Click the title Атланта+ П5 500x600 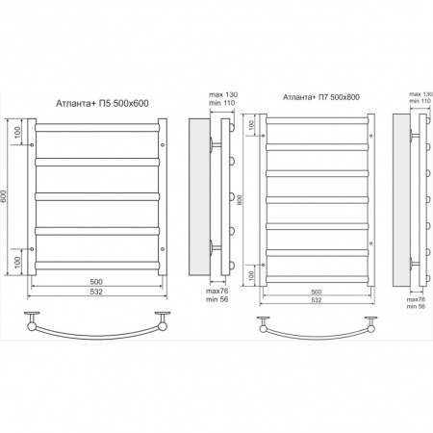[102, 103]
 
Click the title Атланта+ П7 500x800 [321, 97]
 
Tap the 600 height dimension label [4, 196]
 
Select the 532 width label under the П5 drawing [96, 292]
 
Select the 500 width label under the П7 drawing [317, 292]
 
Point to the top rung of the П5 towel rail [97, 127]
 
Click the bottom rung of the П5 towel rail [97, 266]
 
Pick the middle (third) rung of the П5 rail [97, 196]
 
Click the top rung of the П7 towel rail [318, 121]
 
